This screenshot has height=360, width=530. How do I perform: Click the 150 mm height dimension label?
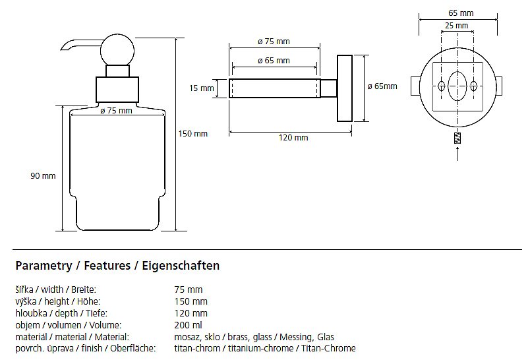point(192,134)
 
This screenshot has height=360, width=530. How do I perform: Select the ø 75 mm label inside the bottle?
point(116,111)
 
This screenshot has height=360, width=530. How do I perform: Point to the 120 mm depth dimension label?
point(293,138)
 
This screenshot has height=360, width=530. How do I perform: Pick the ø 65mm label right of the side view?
point(382,86)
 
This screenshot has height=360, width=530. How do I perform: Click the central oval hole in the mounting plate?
point(457,86)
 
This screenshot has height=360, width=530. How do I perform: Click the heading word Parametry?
point(43,266)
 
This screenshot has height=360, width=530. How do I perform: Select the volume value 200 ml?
point(188,325)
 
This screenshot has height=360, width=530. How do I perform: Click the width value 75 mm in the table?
point(188,289)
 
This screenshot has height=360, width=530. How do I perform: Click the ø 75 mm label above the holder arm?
point(274,42)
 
